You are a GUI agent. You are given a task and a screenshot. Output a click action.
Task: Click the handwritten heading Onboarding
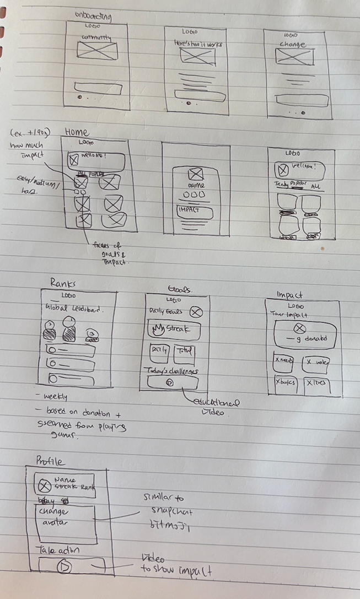coord(93,16)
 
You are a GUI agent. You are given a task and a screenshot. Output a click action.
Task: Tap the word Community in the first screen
coord(96,37)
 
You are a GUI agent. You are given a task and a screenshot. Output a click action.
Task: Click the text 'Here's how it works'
coord(197,44)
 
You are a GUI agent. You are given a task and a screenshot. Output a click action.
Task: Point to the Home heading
coord(77,132)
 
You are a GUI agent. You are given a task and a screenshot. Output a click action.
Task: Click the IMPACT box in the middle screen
coord(194,210)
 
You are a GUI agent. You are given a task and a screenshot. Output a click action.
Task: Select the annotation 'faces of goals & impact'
coord(110,253)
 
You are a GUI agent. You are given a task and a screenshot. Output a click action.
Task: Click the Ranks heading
coord(63,283)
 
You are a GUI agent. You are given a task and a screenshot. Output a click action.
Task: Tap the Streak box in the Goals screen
coord(174,330)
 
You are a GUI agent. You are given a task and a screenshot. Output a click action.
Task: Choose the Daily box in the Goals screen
coord(159,353)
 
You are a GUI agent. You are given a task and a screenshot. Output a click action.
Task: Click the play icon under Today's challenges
coord(170,382)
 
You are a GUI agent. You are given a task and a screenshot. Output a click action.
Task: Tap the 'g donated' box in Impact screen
coord(305,334)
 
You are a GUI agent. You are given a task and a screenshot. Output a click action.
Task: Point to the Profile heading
coord(50,461)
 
